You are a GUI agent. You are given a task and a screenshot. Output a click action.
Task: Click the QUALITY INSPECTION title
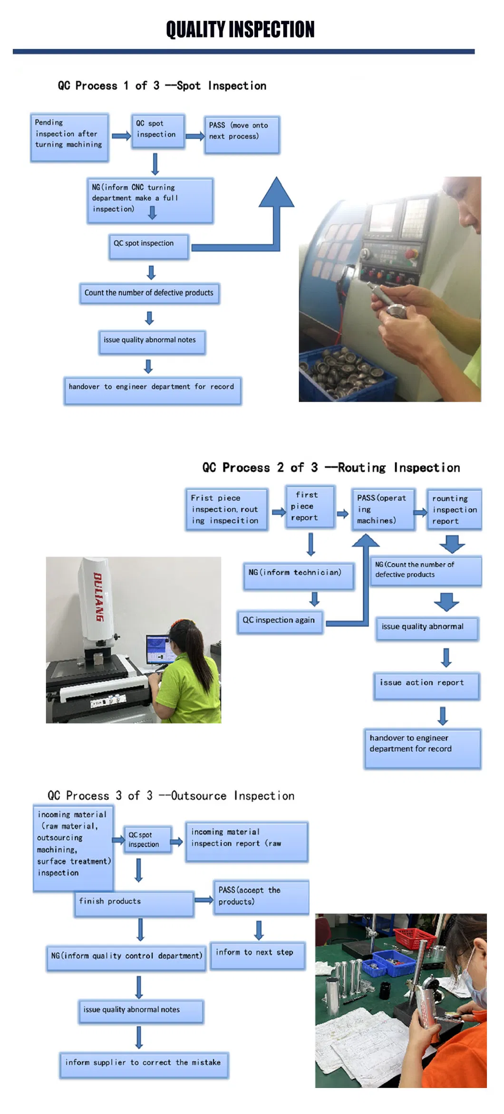240,29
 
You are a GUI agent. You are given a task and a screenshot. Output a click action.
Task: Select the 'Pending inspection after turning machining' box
69,137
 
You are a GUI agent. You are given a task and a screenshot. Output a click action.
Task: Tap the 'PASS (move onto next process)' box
242,134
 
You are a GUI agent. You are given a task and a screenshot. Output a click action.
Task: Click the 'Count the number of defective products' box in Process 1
149,293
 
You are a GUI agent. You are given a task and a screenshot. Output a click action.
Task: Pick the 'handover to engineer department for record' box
152,390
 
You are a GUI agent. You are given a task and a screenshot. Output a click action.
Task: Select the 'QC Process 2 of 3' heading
331,468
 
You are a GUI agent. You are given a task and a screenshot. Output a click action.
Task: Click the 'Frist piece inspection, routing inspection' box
226,509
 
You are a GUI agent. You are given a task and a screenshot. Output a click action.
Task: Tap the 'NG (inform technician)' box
298,576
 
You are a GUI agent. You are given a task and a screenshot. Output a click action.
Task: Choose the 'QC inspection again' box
280,621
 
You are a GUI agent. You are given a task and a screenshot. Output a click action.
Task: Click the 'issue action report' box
426,686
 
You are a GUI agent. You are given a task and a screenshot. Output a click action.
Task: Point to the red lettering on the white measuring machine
98,596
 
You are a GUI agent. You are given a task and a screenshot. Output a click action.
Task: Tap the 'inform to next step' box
257,955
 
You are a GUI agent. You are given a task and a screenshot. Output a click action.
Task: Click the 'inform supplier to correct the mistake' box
144,1065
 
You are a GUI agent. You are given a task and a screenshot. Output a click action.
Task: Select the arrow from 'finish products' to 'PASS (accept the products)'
204,900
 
